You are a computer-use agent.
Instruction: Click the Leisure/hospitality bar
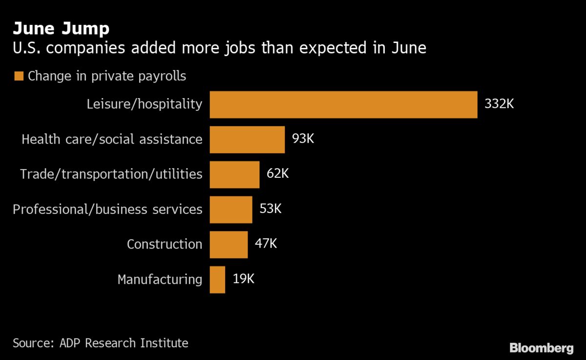point(343,105)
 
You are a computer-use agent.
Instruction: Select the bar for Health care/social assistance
point(247,140)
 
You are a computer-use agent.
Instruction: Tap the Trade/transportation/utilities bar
point(234,174)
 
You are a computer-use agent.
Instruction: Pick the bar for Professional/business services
point(231,210)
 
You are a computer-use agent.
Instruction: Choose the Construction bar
point(229,244)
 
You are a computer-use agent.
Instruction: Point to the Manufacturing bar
point(217,279)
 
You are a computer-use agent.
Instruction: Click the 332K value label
point(499,104)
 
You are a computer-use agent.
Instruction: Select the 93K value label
point(303,139)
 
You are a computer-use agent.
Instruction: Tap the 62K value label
point(277,174)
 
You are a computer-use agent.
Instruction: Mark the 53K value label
point(271,209)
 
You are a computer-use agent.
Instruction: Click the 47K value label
point(266,244)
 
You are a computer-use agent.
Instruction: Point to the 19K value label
point(243,279)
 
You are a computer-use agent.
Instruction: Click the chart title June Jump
point(61,29)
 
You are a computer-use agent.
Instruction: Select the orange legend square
point(19,76)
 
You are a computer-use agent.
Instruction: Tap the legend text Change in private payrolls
point(107,76)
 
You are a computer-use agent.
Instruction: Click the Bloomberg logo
point(541,348)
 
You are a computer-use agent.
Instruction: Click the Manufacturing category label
point(160,279)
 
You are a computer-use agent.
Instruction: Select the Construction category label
point(164,244)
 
